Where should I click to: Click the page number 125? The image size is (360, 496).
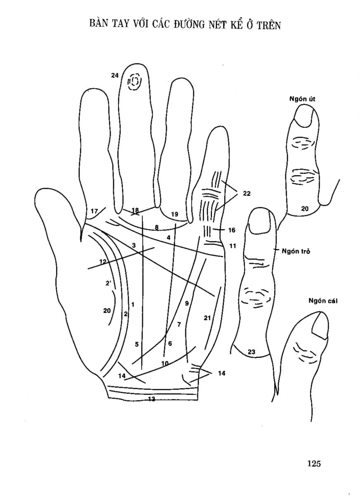click(314, 463)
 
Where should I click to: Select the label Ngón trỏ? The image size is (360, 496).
click(296, 250)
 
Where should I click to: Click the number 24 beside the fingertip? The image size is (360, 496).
click(115, 75)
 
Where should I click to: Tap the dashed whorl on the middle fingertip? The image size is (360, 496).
click(134, 81)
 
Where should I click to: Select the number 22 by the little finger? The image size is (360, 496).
click(247, 193)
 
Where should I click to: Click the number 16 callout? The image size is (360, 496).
click(231, 230)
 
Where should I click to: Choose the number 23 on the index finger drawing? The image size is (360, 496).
click(252, 352)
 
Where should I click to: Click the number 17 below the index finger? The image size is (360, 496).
click(94, 211)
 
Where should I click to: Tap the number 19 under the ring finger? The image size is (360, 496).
click(174, 214)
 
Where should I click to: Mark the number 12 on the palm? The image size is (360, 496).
click(103, 261)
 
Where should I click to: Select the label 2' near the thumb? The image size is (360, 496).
click(108, 283)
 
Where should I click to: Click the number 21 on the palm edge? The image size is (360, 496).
click(207, 318)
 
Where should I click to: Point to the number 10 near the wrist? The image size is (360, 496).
click(165, 363)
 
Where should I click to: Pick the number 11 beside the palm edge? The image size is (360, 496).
click(232, 246)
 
